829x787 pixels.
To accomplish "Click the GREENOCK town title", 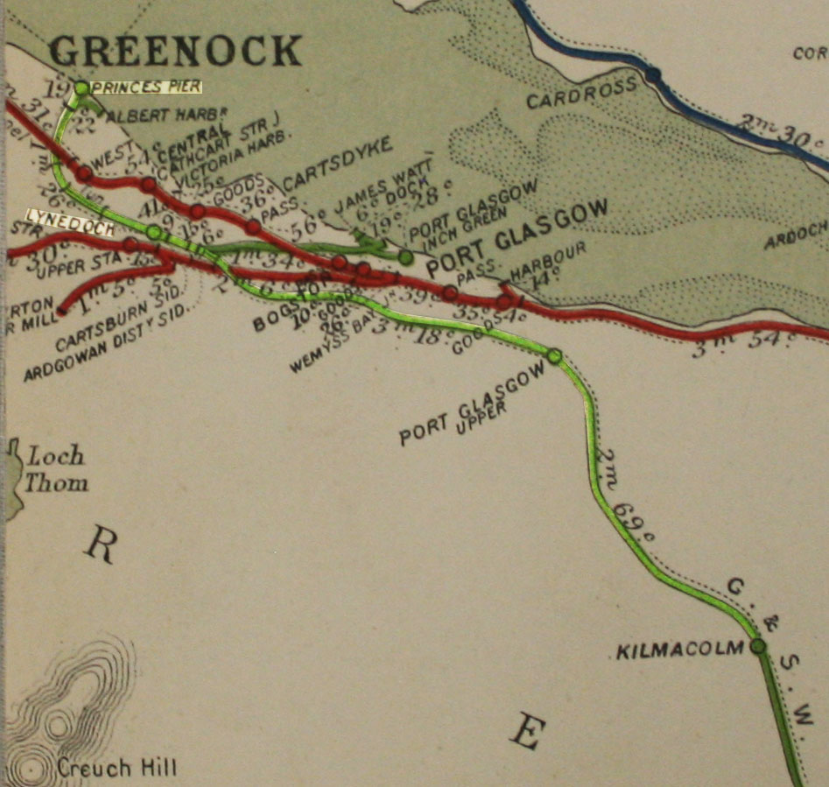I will click(176, 50).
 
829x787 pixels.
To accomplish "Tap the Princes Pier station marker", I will click(81, 88).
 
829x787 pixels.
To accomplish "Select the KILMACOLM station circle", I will click(757, 646).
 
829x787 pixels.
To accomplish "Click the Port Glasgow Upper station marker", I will click(554, 355).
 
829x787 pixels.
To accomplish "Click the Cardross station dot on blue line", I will click(653, 75).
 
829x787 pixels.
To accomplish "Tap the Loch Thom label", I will click(55, 468).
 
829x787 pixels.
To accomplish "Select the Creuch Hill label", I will click(116, 769).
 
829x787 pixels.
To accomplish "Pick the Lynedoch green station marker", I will click(154, 232).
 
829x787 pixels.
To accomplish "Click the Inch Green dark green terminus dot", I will click(405, 257).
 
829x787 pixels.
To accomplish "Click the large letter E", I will click(525, 732).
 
